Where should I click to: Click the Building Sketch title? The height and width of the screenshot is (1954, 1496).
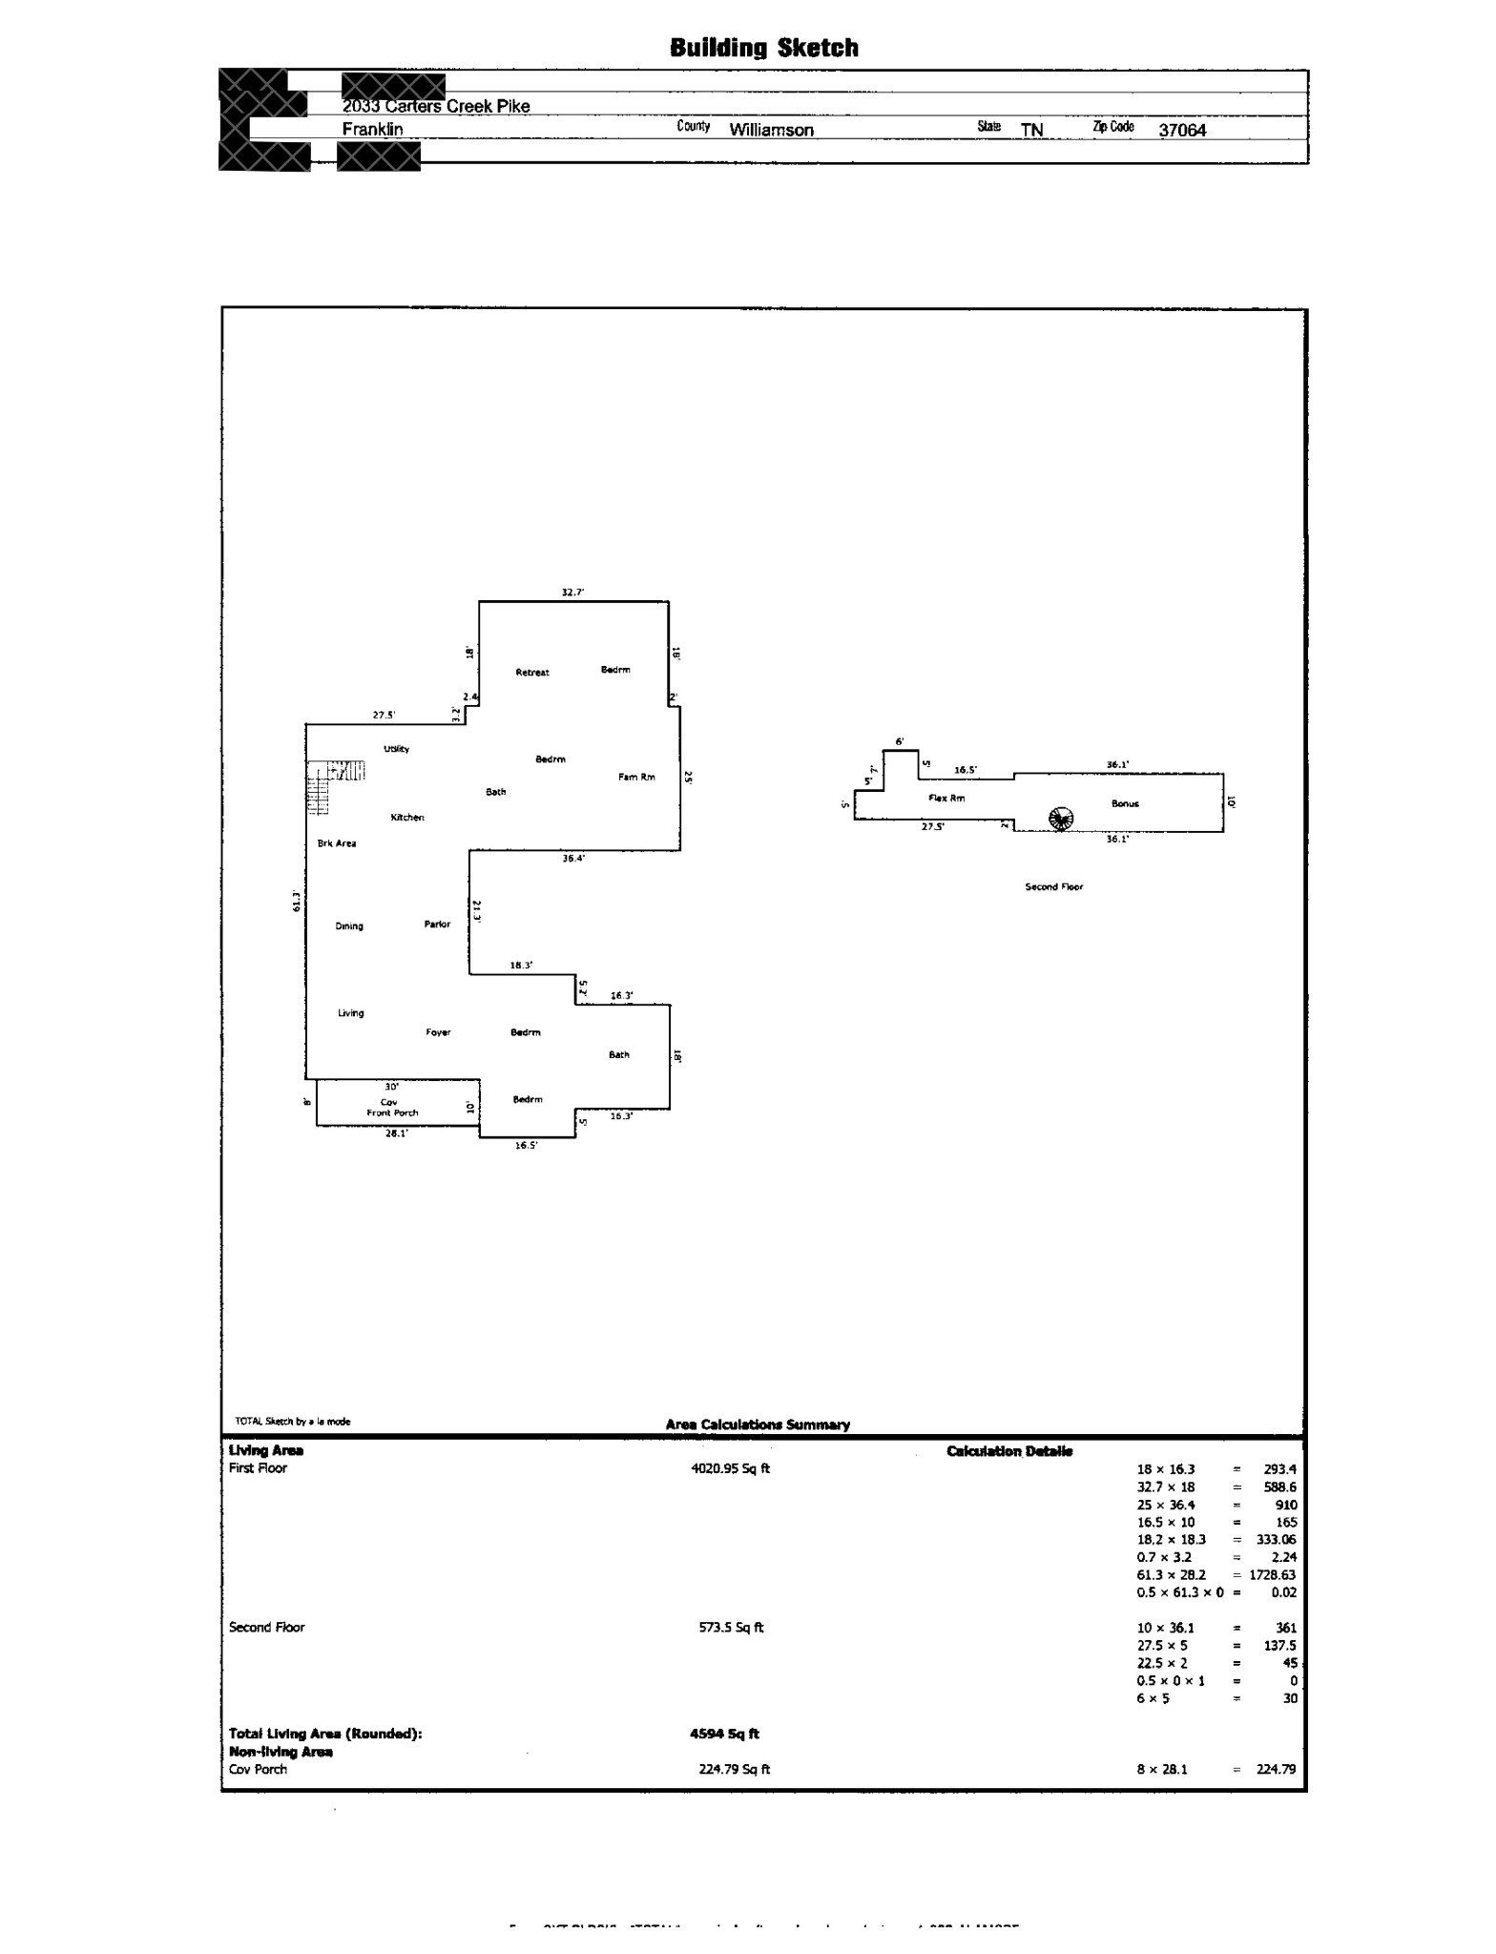click(x=763, y=48)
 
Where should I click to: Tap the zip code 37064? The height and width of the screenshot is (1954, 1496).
click(x=1182, y=130)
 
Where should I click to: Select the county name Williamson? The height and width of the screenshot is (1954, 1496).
click(x=771, y=130)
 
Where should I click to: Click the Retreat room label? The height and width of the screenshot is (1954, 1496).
click(x=532, y=673)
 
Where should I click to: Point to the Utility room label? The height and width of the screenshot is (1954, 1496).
click(x=397, y=749)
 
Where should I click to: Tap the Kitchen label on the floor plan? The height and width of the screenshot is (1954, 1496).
click(x=407, y=818)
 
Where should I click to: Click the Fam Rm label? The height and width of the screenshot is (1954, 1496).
click(x=636, y=777)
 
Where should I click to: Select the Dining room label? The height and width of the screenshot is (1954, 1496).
click(x=349, y=925)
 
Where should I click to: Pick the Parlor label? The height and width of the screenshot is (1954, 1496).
click(x=437, y=924)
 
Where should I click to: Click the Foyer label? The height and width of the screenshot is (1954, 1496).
click(x=438, y=1032)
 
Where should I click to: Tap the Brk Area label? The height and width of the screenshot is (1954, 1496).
click(x=337, y=843)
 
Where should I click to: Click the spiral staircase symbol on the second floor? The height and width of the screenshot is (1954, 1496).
click(x=1061, y=819)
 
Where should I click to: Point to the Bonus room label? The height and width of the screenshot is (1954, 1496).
click(x=1125, y=803)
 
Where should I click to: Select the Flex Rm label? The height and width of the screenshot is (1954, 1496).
click(x=946, y=798)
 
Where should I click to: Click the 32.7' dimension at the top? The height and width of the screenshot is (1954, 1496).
click(x=572, y=592)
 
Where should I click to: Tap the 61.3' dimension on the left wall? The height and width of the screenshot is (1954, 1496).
click(x=296, y=902)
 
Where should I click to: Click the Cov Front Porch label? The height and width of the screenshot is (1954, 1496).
click(x=391, y=1108)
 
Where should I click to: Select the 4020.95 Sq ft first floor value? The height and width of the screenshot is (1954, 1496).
click(x=730, y=1468)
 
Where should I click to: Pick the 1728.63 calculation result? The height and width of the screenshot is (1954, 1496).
click(x=1272, y=1575)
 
